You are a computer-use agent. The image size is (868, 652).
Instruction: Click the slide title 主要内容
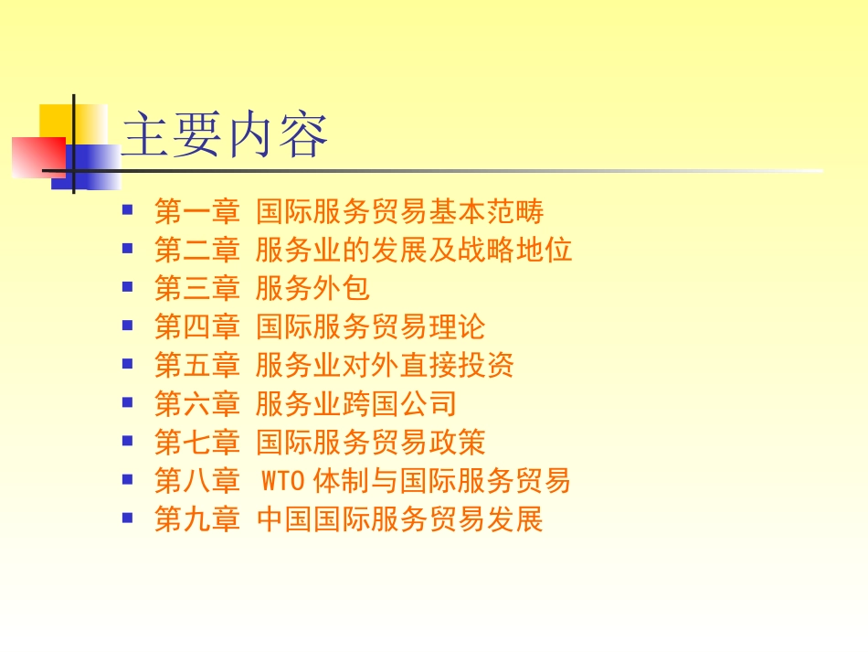click(x=225, y=135)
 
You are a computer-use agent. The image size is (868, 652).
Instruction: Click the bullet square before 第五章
click(x=128, y=364)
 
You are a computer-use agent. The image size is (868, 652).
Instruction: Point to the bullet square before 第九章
click(x=128, y=518)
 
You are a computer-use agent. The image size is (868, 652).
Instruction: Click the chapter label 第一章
click(x=196, y=212)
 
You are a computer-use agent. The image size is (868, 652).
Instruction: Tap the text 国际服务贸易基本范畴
click(x=399, y=212)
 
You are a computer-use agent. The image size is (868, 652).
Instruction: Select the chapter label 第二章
click(x=196, y=251)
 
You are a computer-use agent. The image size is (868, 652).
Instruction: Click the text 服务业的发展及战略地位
click(x=414, y=251)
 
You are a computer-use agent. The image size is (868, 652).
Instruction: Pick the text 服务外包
click(x=312, y=289)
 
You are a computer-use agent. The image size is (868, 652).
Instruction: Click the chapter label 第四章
click(x=196, y=327)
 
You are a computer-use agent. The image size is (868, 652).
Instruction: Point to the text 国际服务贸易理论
click(x=370, y=327)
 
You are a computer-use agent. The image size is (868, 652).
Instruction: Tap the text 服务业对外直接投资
click(x=385, y=366)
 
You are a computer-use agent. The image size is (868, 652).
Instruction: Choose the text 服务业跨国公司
click(x=355, y=404)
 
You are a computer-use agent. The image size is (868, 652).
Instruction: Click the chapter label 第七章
click(x=196, y=443)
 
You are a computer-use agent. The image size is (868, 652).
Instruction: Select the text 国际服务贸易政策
click(x=370, y=443)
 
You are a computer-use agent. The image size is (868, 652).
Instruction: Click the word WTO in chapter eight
click(x=282, y=481)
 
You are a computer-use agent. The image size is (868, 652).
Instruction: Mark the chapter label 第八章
click(x=196, y=481)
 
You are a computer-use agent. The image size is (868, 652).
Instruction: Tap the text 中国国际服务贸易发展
click(x=399, y=519)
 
